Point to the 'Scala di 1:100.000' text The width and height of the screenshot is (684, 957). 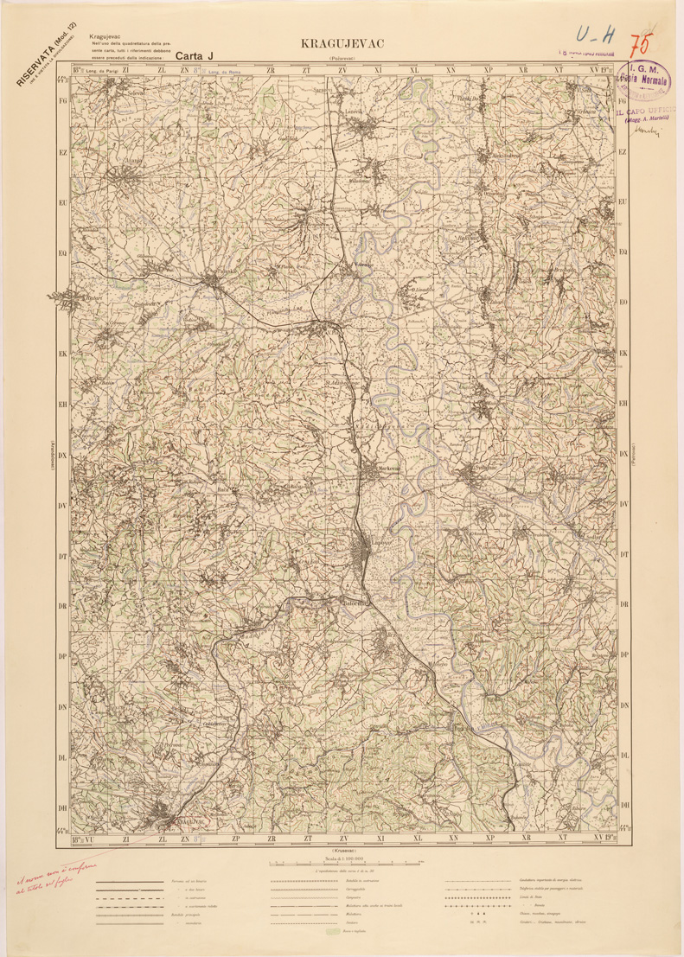click(x=343, y=858)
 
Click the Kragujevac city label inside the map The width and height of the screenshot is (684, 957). click(x=180, y=820)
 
